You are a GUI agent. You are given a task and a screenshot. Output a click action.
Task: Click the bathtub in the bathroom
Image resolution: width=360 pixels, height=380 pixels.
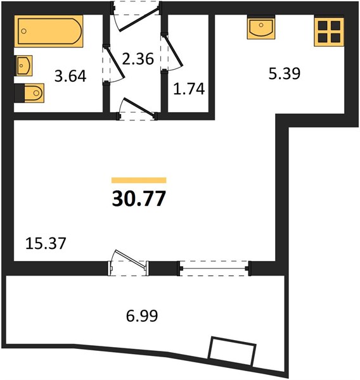49,31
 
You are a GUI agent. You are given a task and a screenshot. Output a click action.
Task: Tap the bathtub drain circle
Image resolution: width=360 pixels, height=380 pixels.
24,31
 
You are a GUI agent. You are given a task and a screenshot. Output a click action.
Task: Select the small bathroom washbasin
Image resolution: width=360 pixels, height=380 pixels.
23,66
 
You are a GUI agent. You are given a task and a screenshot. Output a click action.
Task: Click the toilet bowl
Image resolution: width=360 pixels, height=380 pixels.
34,93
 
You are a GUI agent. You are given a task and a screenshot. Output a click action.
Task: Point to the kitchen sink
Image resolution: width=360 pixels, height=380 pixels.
261,28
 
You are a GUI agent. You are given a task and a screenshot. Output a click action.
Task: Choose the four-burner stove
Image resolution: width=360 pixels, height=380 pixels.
329,32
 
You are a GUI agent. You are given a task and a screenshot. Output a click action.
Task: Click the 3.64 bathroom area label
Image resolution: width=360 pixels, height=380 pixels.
70,76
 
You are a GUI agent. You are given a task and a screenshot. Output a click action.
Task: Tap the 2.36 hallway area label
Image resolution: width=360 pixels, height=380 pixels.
138,59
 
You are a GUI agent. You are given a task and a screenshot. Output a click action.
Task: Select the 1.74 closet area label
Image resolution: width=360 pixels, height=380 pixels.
189,89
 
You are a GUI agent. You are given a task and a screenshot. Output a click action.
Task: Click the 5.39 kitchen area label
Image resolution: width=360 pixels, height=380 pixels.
285,73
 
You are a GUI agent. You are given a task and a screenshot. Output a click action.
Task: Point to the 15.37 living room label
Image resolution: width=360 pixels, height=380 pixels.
46,243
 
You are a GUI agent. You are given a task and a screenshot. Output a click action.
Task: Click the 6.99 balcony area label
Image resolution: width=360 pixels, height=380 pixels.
142,315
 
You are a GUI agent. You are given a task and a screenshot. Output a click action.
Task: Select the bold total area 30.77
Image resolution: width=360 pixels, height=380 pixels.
139,198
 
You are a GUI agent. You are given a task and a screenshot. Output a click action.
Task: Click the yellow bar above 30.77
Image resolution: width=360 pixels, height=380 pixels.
139,180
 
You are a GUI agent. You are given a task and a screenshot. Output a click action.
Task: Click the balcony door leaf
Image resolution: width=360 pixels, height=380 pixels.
130,259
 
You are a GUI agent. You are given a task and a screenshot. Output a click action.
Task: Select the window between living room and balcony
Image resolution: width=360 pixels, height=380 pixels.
214,269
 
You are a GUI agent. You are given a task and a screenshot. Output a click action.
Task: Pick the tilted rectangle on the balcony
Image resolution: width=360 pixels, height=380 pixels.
232,351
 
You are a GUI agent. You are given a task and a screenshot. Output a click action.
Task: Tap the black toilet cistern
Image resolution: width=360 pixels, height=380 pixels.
20,93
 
